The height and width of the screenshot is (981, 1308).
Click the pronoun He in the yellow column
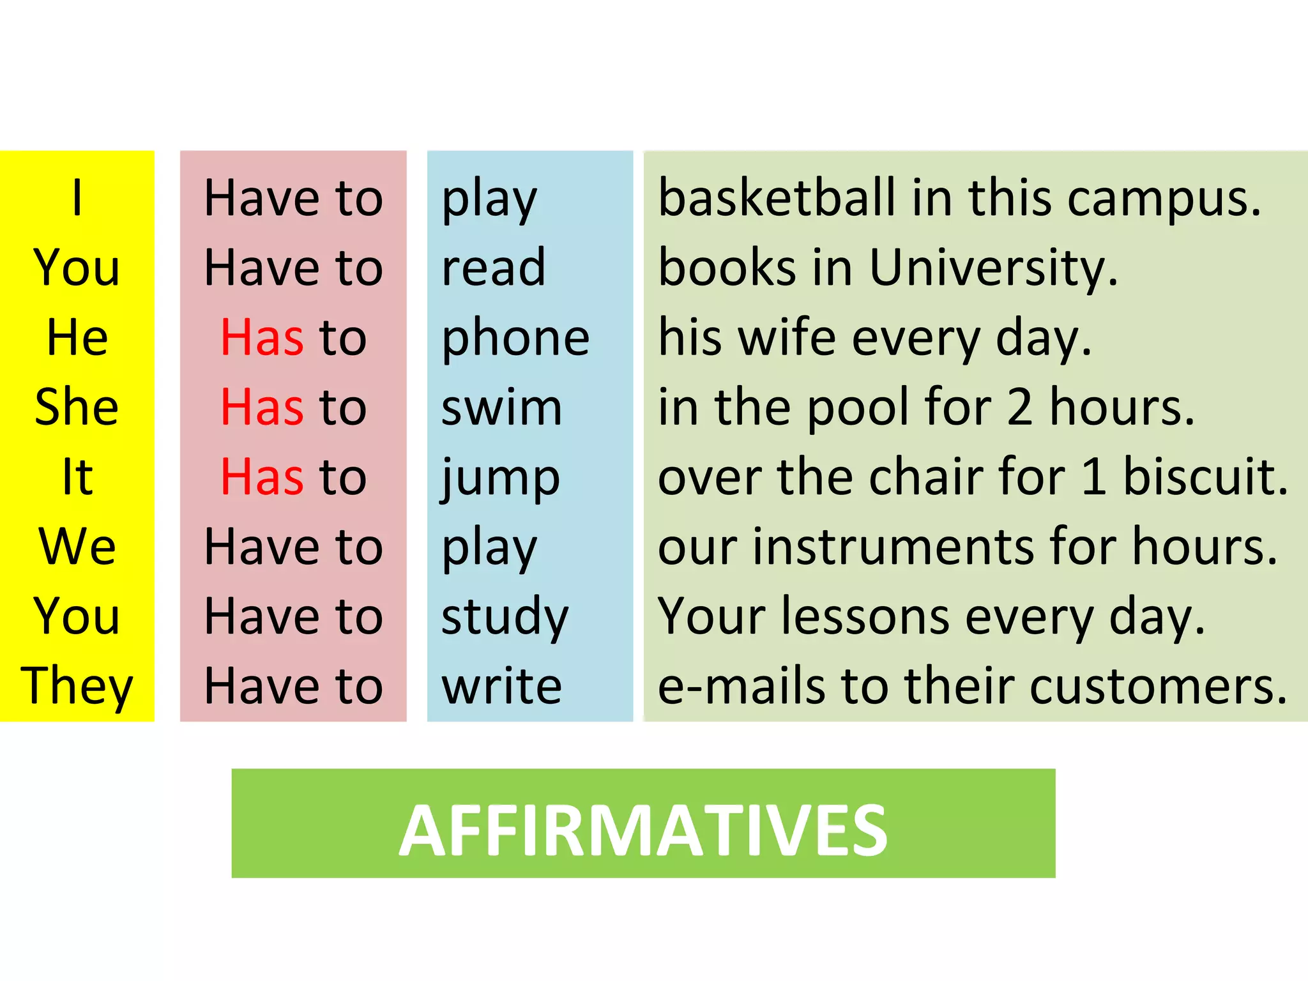(x=77, y=337)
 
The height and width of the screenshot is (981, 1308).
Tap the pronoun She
(x=77, y=407)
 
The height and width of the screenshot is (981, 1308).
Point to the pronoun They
(x=77, y=686)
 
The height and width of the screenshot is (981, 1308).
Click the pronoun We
(x=77, y=547)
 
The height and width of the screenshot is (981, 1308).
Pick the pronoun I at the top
(x=77, y=198)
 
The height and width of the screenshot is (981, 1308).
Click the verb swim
(x=501, y=407)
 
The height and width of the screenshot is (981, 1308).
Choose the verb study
(x=505, y=617)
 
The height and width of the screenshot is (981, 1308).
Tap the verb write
(x=501, y=686)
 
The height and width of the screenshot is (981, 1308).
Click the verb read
(x=493, y=268)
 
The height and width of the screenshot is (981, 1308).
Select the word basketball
(x=777, y=198)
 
